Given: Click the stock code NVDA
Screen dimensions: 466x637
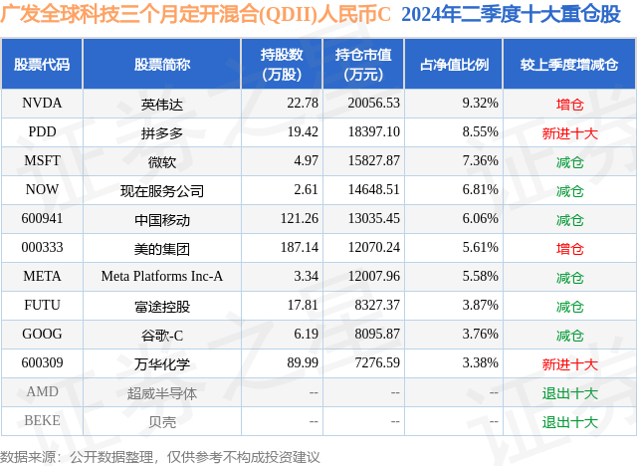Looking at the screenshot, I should click(42, 103).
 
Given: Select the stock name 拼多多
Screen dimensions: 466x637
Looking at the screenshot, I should click(162, 131).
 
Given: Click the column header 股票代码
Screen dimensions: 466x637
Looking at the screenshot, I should click(42, 65).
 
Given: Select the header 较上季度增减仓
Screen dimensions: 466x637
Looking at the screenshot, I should click(568, 65).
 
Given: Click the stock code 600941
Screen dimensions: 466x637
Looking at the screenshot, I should click(42, 219).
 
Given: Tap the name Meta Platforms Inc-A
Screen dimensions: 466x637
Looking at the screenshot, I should click(162, 277).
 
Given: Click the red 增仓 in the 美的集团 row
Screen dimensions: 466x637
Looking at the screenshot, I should click(570, 248).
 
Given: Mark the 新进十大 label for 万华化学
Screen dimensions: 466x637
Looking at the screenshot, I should click(570, 364).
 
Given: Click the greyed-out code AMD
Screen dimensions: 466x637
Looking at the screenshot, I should click(42, 393).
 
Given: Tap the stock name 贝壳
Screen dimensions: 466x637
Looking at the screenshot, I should click(162, 422).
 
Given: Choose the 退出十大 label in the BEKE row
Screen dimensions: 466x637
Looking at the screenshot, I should click(570, 422).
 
